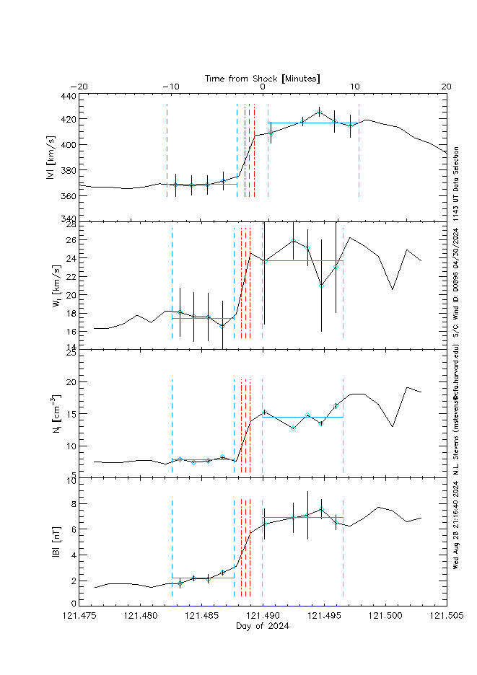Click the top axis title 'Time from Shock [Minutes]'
[x=263, y=78]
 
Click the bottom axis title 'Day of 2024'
[x=263, y=626]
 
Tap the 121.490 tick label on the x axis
[x=263, y=616]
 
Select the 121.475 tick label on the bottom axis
[x=79, y=616]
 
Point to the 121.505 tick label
[x=446, y=616]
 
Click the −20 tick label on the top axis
[x=79, y=87]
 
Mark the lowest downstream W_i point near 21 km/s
[x=321, y=286]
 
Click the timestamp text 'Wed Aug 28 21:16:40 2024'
[x=456, y=527]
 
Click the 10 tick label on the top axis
[x=354, y=87]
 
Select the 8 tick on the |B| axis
[x=72, y=504]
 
